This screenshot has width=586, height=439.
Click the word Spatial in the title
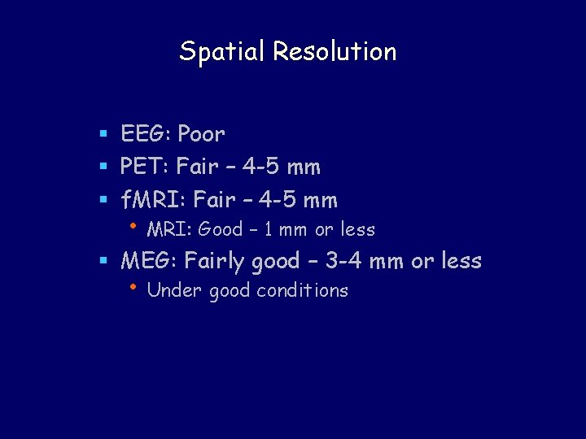point(223,52)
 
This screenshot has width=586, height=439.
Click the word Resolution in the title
point(335,52)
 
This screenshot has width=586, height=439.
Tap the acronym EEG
point(145,133)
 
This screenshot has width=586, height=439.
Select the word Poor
point(201,133)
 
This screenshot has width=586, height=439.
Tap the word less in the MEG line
point(461,261)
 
